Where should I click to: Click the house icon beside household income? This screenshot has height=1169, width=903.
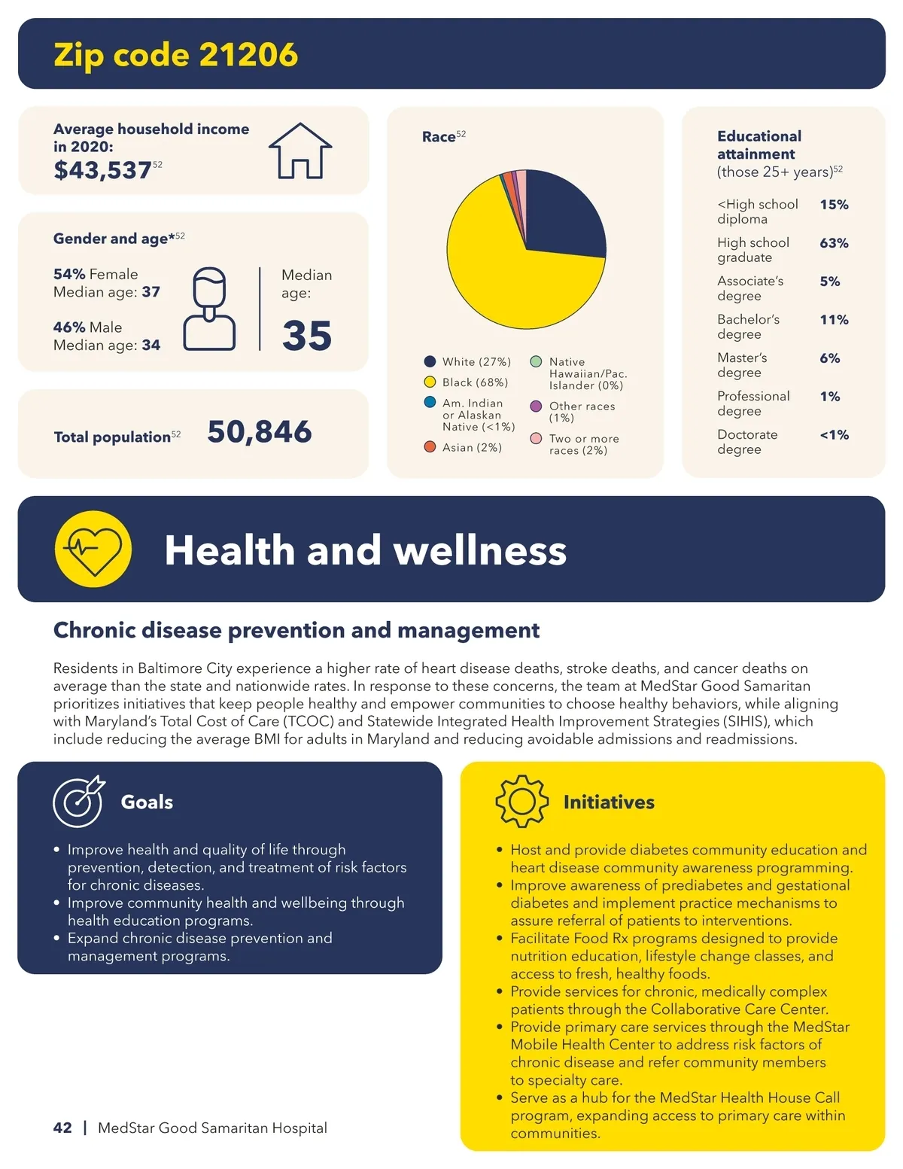[300, 151]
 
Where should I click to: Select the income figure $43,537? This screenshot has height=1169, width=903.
[102, 170]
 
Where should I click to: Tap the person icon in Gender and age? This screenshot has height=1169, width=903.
[209, 309]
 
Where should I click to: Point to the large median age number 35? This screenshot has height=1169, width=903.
[307, 336]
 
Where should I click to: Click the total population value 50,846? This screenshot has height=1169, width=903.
[259, 432]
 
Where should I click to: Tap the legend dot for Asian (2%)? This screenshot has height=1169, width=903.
[430, 447]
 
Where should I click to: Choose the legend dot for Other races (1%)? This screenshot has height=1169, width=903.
[536, 406]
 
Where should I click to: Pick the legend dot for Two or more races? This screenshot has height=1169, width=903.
[536, 439]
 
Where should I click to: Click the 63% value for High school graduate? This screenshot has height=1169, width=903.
[834, 243]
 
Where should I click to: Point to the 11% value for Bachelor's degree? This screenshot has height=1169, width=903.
[834, 320]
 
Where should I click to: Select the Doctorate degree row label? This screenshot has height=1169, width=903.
[746, 442]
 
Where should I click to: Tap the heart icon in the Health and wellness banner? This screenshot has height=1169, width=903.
[93, 549]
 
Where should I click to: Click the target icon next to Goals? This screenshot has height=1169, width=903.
[78, 802]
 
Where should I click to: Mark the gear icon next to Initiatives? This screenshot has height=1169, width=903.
[521, 802]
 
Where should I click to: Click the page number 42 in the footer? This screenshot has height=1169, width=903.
[62, 1128]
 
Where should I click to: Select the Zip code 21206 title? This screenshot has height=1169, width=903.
[175, 55]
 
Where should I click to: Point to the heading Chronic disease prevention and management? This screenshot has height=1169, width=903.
[296, 630]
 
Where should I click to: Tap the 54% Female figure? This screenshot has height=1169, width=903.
[95, 274]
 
